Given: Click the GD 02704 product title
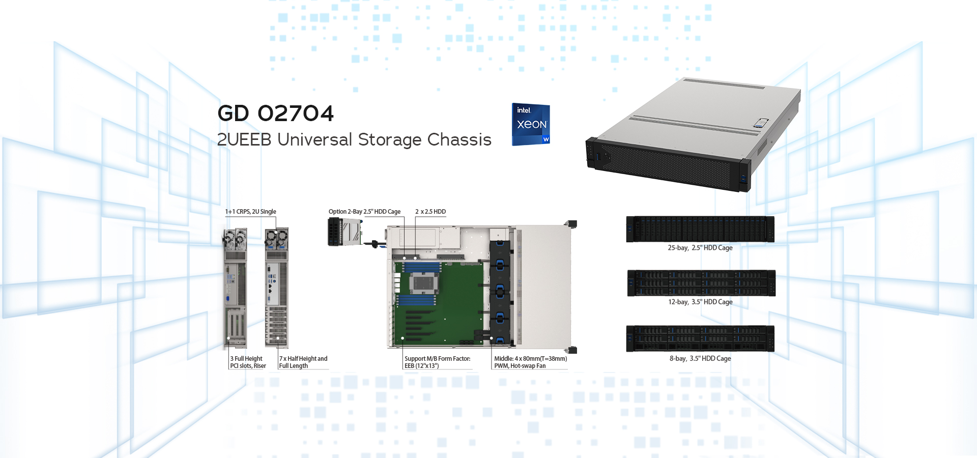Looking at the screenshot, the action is (275, 113).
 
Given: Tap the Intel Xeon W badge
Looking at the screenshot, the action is (531, 125).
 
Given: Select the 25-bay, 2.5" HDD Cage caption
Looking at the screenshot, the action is (700, 248).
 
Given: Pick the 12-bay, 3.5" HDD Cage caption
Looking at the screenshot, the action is (700, 302).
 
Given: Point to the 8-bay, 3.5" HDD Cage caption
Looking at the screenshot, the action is (700, 358).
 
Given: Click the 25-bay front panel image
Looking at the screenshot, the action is (700, 229).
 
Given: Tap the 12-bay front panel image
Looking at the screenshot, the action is (701, 283).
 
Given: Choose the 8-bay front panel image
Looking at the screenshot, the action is (700, 338).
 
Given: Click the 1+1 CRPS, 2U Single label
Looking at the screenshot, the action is (251, 212).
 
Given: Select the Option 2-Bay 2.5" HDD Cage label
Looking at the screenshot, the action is (364, 212).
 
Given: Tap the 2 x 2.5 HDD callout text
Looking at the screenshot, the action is (430, 212).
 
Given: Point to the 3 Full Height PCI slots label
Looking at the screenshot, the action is (248, 362).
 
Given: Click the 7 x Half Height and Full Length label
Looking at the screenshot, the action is (303, 362).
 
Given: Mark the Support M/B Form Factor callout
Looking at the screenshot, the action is (438, 362).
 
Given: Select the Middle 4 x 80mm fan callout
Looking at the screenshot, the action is (530, 362).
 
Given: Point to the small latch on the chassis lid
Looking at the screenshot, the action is (761, 123).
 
